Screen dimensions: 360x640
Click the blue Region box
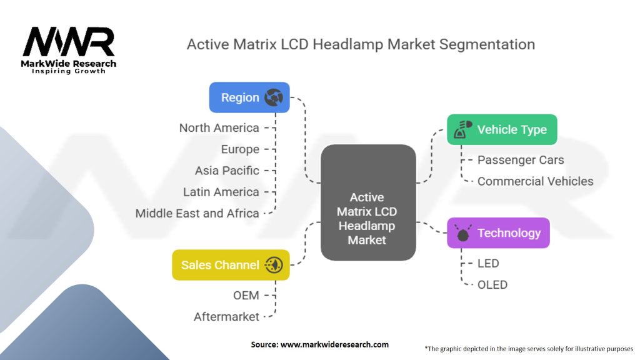coord(249,97)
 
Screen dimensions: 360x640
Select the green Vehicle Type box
coord(502,129)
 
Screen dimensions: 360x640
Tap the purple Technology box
coord(499,233)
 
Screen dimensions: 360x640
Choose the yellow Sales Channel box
coord(231,265)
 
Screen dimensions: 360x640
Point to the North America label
coord(219,127)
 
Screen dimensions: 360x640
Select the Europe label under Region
coord(240,149)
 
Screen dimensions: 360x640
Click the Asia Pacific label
coord(227,171)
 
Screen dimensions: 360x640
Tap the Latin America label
coord(221,192)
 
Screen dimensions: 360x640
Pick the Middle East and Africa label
coord(197,213)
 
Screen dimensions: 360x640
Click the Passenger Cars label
coord(520,160)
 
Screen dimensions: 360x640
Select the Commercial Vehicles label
coord(535,181)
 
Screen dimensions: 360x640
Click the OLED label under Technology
coord(492,284)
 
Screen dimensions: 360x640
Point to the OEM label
coord(246,295)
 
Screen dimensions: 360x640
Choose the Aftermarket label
coord(226,317)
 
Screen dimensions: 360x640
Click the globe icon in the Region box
coord(274,97)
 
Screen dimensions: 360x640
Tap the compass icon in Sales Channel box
coord(274,265)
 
